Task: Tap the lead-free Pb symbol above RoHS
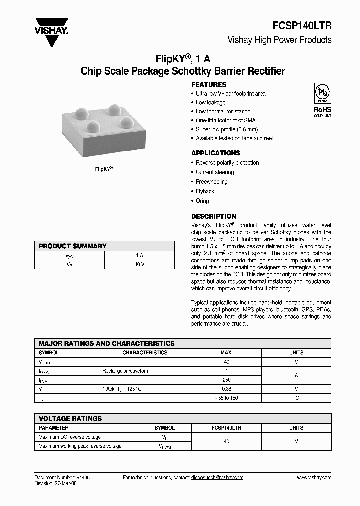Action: [x=322, y=93]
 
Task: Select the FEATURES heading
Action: [x=209, y=85]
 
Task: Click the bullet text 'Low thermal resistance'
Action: [x=223, y=111]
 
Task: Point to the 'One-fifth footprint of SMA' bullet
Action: [x=225, y=120]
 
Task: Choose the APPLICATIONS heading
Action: [x=216, y=153]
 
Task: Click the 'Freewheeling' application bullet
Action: [x=211, y=182]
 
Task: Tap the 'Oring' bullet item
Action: [x=202, y=201]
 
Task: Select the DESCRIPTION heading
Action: [x=214, y=216]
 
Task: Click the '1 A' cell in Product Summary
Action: [x=139, y=255]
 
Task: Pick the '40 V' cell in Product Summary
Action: [x=139, y=264]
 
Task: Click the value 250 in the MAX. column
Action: [x=227, y=380]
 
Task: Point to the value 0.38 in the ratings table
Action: [x=227, y=389]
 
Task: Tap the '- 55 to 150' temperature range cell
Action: [x=227, y=398]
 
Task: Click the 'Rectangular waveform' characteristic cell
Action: [x=126, y=371]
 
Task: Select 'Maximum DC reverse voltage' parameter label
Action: [x=69, y=437]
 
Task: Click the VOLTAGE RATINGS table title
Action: [x=70, y=418]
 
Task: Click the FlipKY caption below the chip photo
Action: [x=104, y=169]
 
